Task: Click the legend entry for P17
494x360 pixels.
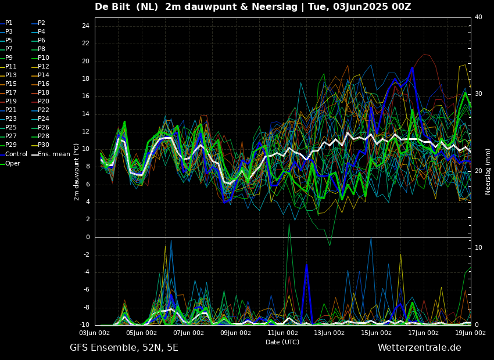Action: [x=11, y=93]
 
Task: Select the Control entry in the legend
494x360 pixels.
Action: [x=16, y=154]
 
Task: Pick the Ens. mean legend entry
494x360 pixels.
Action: [x=53, y=154]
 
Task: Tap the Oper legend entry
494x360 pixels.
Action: [x=13, y=164]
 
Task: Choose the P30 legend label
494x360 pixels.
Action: [x=44, y=145]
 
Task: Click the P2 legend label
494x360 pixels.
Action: [x=41, y=23]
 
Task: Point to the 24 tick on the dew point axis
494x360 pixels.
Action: [x=85, y=26]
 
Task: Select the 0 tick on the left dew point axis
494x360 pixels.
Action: [x=87, y=237]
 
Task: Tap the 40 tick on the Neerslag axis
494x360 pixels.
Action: [x=478, y=17]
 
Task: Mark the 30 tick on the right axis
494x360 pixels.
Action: [x=478, y=93]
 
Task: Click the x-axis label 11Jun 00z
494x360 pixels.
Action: [x=283, y=333]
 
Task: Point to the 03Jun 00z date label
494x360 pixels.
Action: [x=94, y=333]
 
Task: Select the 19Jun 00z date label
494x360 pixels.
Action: [x=470, y=333]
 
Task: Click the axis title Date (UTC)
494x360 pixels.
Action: [x=282, y=342]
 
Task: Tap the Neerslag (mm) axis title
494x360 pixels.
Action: [x=488, y=171]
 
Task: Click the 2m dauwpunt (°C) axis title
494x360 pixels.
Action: [x=77, y=172]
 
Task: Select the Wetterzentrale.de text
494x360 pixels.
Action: [x=419, y=348]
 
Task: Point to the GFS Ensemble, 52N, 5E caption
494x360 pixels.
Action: [x=124, y=348]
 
